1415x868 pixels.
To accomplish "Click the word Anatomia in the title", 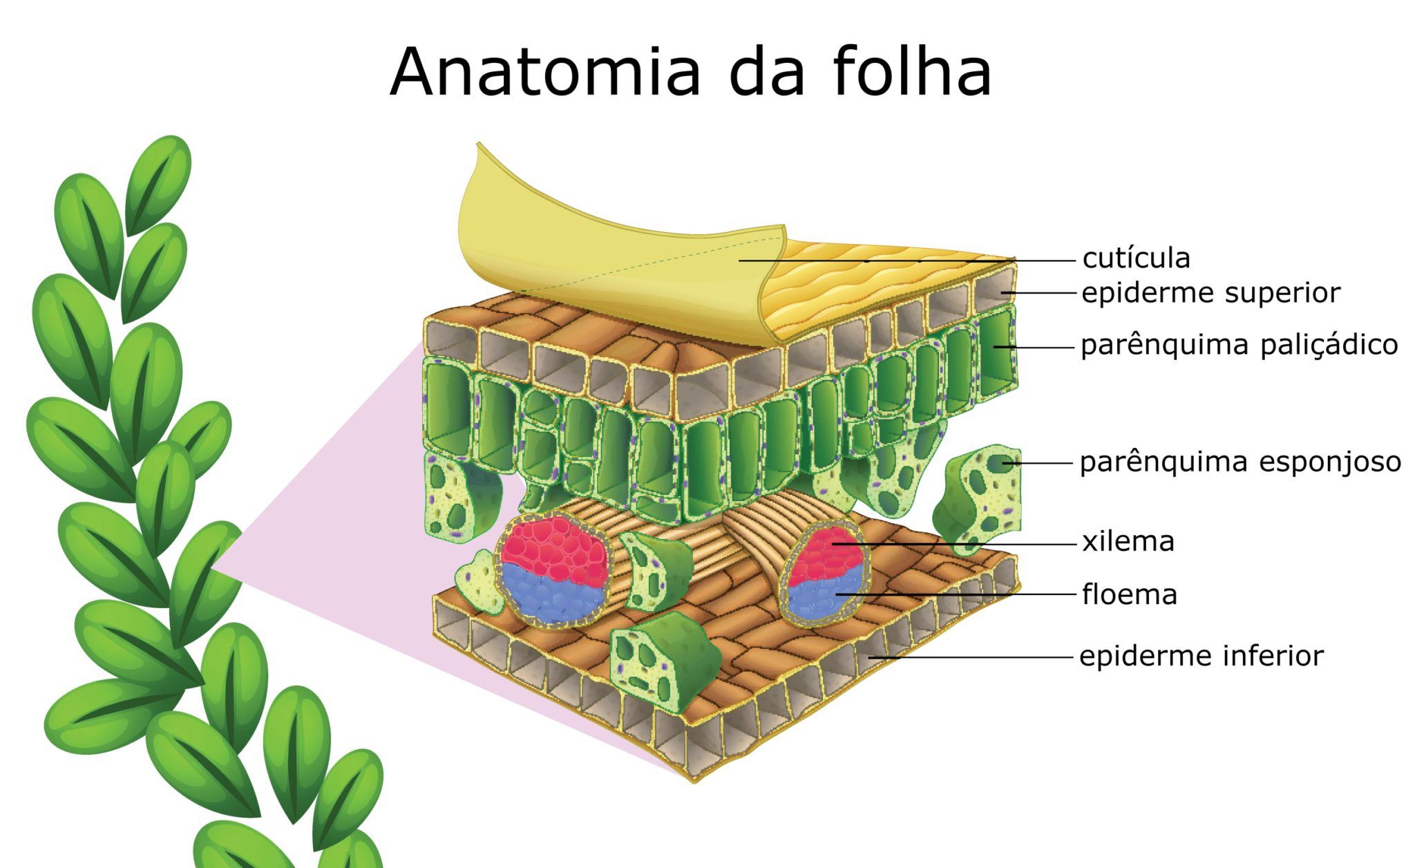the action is coord(546,73).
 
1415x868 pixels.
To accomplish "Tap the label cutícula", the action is coord(1136,258).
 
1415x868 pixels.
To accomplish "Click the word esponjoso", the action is coord(1330,462).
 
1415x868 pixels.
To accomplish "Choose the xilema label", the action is coord(1128,542).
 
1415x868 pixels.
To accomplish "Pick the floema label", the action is coord(1129,595).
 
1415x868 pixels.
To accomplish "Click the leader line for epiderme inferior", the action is coord(967,657).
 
